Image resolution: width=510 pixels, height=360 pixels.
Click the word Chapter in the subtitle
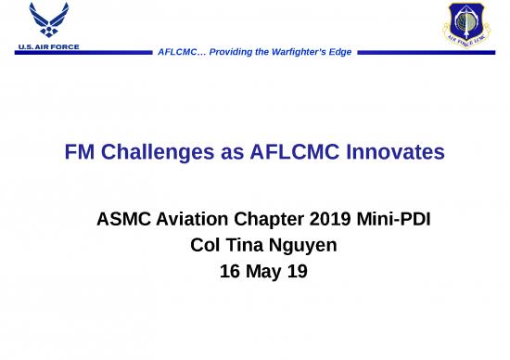275,222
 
